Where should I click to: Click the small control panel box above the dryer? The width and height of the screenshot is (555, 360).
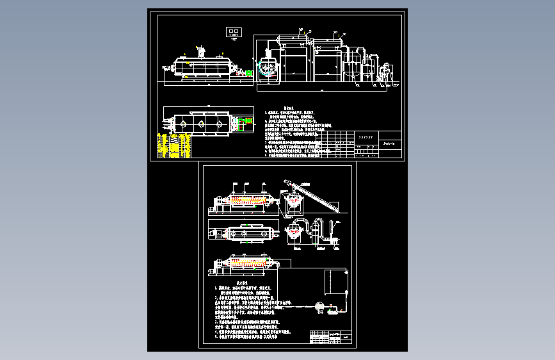point(234,31)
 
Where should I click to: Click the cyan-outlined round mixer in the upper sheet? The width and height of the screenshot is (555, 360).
point(268,69)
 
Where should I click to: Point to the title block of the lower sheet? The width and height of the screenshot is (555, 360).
point(330,337)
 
